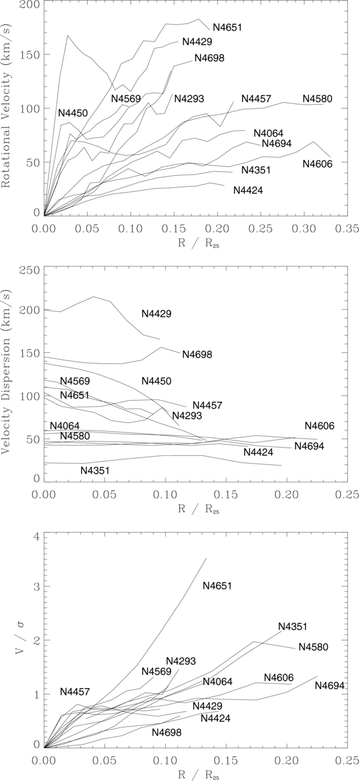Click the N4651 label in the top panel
coord(227,28)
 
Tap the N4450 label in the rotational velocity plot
coord(73,113)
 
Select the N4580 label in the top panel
coord(317,98)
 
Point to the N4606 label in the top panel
coord(317,164)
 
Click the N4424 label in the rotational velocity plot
coord(248,190)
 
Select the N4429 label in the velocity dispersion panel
coord(157,314)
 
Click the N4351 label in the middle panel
coord(95,471)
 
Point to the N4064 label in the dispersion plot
coord(65,426)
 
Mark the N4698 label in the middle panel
coord(197,355)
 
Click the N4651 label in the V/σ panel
coord(217,585)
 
